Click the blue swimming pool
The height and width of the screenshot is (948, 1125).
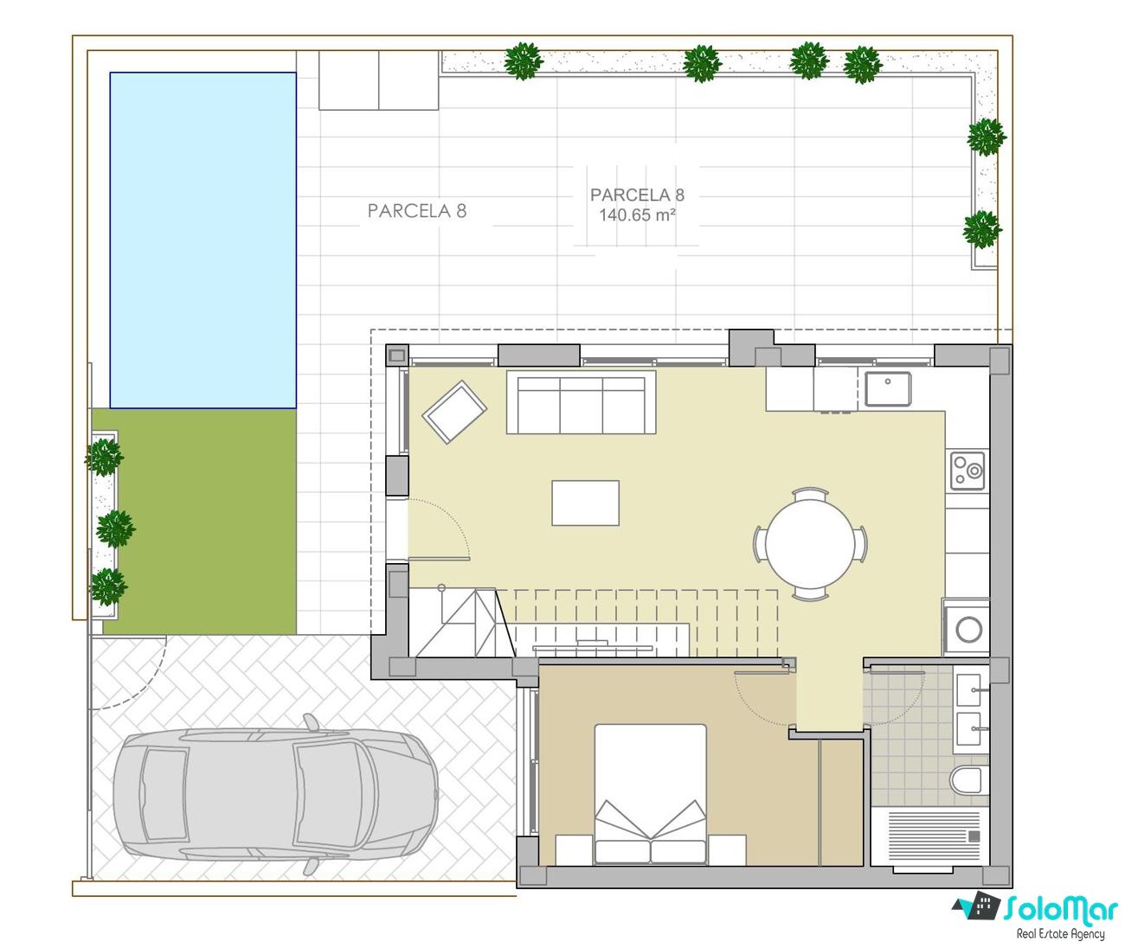pyautogui.click(x=202, y=240)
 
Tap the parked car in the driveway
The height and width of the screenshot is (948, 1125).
pyautogui.click(x=276, y=795)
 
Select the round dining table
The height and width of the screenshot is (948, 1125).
pyautogui.click(x=810, y=543)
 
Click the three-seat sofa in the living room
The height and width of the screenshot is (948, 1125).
pyautogui.click(x=581, y=402)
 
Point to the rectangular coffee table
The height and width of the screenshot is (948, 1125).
pyautogui.click(x=585, y=503)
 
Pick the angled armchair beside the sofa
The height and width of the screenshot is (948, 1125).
pyautogui.click(x=454, y=412)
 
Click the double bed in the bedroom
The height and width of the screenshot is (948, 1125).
pyautogui.click(x=650, y=795)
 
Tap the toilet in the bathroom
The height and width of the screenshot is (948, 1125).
pyautogui.click(x=967, y=780)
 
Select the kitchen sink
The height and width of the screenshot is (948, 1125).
pyautogui.click(x=888, y=389)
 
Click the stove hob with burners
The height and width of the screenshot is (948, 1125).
pyautogui.click(x=967, y=471)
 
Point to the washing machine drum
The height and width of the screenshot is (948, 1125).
pyautogui.click(x=968, y=629)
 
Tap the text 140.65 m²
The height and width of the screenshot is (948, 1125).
pyautogui.click(x=638, y=215)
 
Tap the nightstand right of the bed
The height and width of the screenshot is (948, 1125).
pyautogui.click(x=728, y=850)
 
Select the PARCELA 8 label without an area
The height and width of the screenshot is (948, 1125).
pyautogui.click(x=417, y=211)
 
